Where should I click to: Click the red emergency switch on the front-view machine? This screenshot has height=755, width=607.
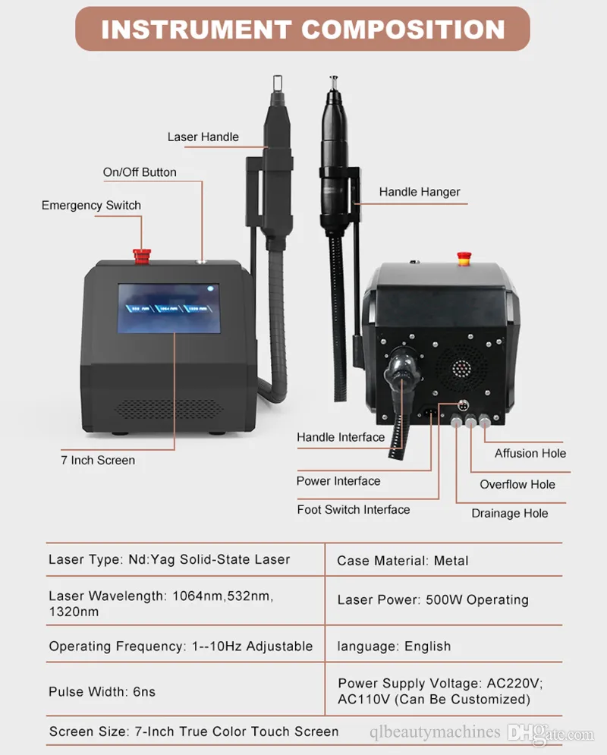pos(142,256)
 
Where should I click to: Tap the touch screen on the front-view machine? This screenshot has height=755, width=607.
pos(169,308)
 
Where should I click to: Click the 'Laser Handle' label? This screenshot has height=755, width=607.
pos(203,137)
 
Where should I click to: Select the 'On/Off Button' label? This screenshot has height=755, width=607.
pos(140,172)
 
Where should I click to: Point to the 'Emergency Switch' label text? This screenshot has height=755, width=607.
pos(92,206)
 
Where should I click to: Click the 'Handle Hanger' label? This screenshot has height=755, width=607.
pos(420,192)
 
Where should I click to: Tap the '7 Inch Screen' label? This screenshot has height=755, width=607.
pos(98,461)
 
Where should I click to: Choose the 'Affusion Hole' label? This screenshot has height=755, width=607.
pos(530,453)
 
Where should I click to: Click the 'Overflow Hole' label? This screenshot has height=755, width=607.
pos(517,484)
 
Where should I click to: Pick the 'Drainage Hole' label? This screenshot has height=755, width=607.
pos(510,513)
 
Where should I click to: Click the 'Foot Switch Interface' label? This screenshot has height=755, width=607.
pos(354,509)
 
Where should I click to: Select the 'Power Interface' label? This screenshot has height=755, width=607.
pos(338,481)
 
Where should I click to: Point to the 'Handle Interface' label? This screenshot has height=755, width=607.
pos(341,437)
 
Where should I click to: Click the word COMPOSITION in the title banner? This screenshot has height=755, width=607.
pos(404,30)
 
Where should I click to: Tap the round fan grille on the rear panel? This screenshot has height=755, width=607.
pos(461,368)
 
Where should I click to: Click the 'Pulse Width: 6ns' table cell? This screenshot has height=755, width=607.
pos(102,692)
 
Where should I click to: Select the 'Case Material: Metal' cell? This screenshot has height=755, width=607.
pos(402,561)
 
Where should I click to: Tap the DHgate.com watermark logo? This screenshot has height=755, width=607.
pos(551,733)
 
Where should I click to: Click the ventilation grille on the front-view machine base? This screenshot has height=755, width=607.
pos(169,409)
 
